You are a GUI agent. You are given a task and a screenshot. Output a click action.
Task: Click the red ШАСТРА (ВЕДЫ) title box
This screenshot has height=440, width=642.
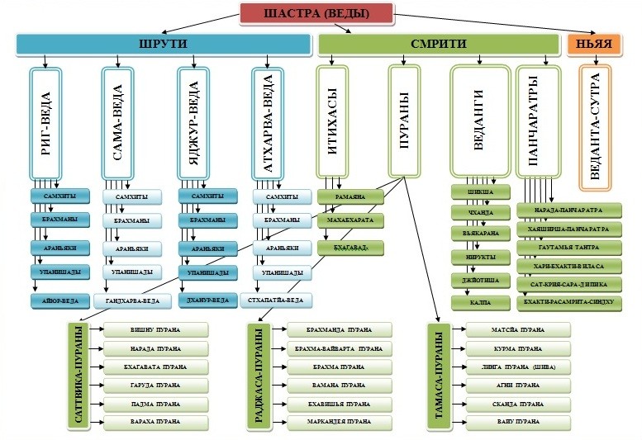[316, 13]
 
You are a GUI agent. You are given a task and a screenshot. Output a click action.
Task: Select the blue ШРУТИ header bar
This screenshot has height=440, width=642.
[161, 44]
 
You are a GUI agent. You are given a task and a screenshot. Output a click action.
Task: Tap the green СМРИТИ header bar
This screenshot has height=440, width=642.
[439, 44]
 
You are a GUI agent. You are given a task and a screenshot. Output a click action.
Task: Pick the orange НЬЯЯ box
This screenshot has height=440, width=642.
[600, 44]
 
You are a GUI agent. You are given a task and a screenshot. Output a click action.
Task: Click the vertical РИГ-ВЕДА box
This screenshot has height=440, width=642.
[57, 124]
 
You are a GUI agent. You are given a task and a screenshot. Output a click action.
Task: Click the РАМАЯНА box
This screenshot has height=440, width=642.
[350, 198]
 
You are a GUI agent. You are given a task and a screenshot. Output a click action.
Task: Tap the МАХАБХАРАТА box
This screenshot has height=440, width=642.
[350, 221]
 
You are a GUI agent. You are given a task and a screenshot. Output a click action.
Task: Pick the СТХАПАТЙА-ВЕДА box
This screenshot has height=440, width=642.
[280, 300]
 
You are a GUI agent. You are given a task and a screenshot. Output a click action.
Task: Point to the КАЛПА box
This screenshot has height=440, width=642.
[481, 304]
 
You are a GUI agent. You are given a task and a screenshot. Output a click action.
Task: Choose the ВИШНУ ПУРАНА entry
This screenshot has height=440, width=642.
[155, 329]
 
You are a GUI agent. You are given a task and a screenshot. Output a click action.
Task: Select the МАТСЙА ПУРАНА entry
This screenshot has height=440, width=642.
[517, 330]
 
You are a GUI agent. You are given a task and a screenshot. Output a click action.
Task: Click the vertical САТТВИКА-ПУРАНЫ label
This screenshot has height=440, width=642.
[81, 375]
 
